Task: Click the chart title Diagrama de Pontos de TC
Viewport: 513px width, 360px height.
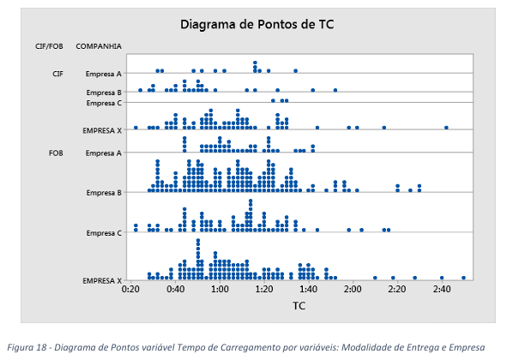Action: [257, 25]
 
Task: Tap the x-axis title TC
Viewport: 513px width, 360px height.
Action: [299, 306]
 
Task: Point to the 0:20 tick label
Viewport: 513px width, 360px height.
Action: [130, 290]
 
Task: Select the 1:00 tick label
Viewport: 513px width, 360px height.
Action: [220, 290]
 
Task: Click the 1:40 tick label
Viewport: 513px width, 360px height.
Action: [308, 290]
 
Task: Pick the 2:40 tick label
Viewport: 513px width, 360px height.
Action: [442, 290]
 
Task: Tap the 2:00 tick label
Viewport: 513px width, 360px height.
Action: [353, 290]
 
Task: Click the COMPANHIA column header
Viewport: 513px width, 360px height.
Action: [99, 46]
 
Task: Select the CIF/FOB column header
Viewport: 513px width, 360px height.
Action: [49, 46]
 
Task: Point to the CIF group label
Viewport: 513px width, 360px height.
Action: [58, 74]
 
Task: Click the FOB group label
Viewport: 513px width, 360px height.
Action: [56, 153]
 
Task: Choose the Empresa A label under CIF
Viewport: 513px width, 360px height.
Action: [104, 74]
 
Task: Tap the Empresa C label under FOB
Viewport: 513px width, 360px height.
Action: [104, 233]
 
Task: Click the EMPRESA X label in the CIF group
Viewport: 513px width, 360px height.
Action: [102, 130]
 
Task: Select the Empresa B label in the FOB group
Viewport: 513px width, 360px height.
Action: [104, 193]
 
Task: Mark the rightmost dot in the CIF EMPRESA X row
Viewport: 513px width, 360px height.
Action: [446, 128]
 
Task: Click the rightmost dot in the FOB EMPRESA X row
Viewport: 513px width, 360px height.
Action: [463, 278]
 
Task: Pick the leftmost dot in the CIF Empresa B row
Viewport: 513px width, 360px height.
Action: [141, 90]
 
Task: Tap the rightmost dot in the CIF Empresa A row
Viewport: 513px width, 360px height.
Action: [295, 71]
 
